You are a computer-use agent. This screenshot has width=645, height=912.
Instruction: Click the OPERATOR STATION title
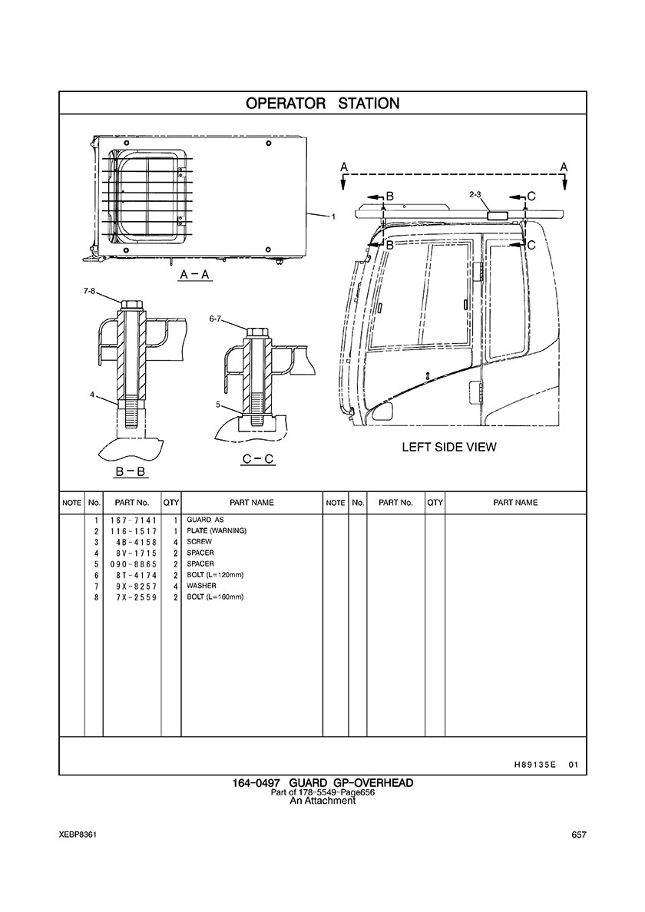point(322,103)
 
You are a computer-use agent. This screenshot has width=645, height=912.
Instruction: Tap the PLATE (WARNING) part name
point(217,531)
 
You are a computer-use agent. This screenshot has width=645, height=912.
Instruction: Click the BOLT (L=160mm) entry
point(215,596)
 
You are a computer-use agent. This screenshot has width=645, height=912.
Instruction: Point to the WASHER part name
point(202,586)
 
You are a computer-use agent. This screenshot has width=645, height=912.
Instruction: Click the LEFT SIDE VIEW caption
point(449,447)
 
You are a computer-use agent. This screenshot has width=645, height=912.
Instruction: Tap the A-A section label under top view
point(195,274)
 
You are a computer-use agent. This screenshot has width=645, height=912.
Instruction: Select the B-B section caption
point(131,471)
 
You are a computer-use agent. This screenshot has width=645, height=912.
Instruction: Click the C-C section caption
point(258,459)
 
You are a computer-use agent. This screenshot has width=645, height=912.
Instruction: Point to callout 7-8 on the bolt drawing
point(90,292)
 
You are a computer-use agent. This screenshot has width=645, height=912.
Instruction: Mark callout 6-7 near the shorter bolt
point(216,318)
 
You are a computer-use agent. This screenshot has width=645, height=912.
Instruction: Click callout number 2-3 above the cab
point(475,197)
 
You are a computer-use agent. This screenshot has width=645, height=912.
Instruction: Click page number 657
point(579,835)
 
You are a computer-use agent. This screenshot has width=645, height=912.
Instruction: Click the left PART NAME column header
point(252,503)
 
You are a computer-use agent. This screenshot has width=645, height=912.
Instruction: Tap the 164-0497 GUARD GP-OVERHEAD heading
point(322,782)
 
